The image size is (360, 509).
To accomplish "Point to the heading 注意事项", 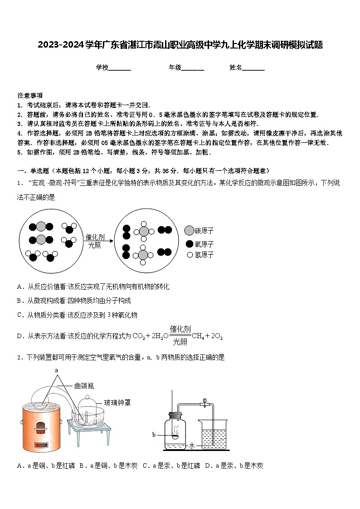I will coord(30,95).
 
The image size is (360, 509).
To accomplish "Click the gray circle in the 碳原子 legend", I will coord(189,231).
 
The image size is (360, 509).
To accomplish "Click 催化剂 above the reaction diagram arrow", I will coord(95,237).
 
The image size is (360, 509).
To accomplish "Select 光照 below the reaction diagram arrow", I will coord(94,245).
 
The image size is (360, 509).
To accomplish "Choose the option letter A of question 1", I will coord(19,287).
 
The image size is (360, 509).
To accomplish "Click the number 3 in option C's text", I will coord(109,315).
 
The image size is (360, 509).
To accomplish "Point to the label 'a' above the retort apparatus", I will coord(57,370).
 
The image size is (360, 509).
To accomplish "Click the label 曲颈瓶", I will coord(84,387).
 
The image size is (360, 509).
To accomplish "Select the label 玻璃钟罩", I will coord(117,402).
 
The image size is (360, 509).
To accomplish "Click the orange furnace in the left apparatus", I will coord(41,426).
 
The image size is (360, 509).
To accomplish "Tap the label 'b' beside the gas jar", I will coord(154,435).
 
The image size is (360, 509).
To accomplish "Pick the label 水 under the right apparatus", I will coord(192,446).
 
